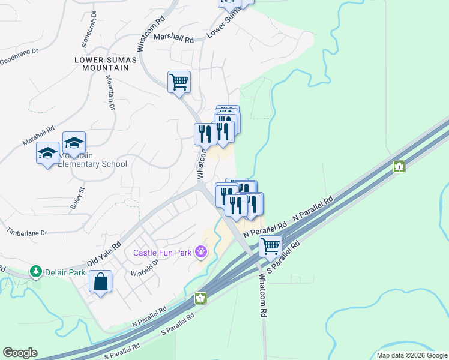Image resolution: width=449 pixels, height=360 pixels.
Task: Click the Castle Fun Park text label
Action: click(162, 253)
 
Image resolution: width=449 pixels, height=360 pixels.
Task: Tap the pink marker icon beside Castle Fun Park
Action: click(202, 251)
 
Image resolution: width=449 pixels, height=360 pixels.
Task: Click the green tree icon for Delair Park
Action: click(37, 272)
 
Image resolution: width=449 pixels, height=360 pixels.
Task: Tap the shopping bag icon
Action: click(101, 281)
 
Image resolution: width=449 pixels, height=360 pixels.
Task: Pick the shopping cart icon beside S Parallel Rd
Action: click(271, 245)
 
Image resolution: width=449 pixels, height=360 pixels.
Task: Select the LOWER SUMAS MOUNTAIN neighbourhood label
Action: click(102, 64)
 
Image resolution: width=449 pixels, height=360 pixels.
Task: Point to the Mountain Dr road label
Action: click(110, 93)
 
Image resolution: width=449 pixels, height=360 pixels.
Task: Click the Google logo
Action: click(20, 353)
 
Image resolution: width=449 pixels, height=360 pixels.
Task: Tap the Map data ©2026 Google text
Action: click(411, 355)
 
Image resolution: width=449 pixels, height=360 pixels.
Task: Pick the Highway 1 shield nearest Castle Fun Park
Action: click(200, 298)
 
